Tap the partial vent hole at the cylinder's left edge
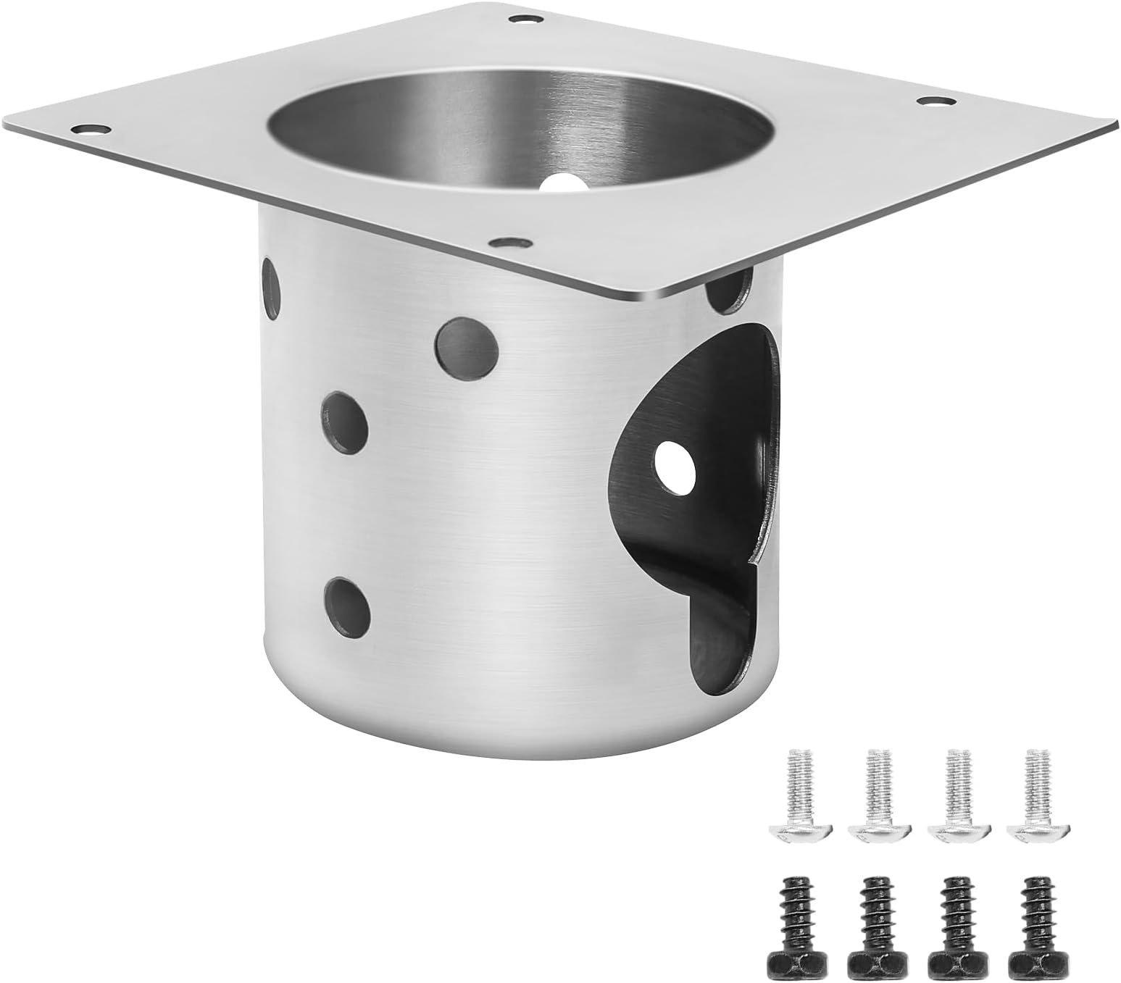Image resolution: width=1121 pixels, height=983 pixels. (270, 289)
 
